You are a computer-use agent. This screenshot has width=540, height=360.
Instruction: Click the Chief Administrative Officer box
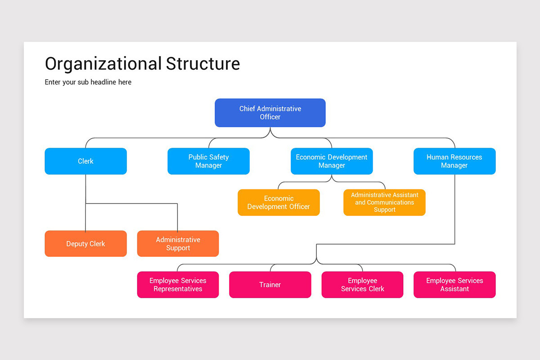(x=270, y=112)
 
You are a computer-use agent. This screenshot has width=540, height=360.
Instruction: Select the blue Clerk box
(x=85, y=161)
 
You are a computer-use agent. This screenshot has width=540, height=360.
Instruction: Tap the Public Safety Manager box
(x=208, y=161)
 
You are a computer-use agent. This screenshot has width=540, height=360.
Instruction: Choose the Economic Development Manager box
(x=332, y=161)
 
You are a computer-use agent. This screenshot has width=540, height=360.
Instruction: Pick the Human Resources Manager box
(x=454, y=161)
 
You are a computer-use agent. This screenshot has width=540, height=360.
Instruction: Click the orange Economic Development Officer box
(x=279, y=202)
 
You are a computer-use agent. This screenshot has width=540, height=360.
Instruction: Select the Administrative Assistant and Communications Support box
(x=384, y=202)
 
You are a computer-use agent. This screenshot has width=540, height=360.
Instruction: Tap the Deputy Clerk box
(x=85, y=243)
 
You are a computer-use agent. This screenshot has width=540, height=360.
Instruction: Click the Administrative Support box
(x=178, y=243)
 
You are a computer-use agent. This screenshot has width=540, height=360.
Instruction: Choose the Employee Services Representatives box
(x=178, y=284)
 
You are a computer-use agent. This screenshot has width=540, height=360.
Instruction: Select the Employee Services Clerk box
(x=362, y=284)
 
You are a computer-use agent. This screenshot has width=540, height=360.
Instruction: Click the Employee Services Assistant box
(x=454, y=284)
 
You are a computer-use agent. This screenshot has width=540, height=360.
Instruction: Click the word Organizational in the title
(x=103, y=64)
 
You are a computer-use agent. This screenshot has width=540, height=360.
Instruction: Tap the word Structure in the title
(x=203, y=64)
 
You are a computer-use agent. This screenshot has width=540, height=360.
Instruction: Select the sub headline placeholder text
(x=88, y=82)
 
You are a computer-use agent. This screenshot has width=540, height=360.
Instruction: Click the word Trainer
(x=270, y=284)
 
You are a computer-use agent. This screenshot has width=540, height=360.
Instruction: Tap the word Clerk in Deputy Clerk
(x=96, y=244)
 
